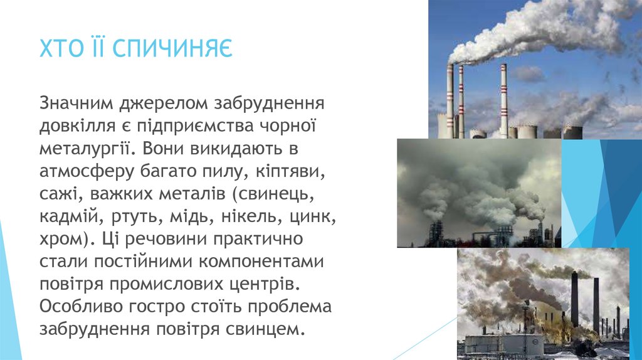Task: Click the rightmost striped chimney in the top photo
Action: (x=503, y=100)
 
